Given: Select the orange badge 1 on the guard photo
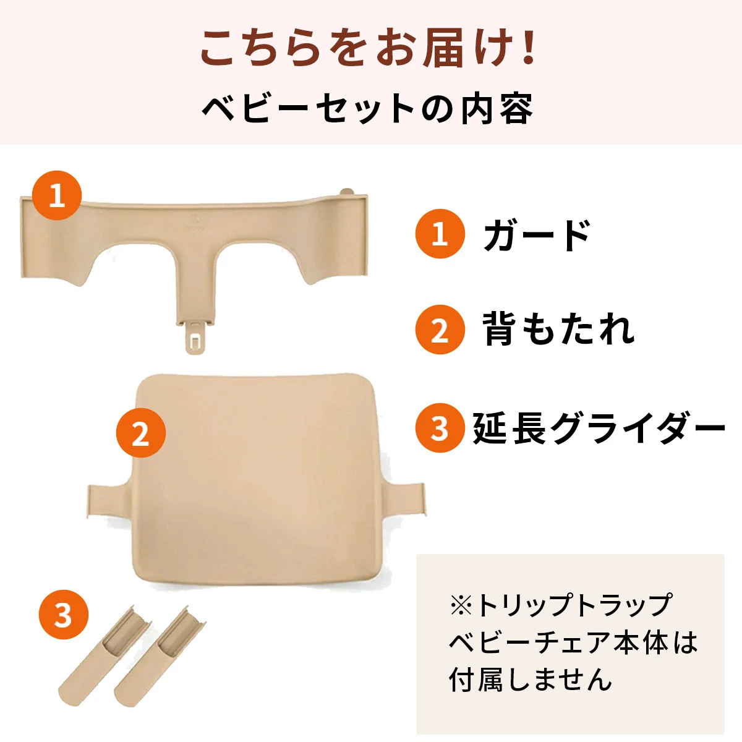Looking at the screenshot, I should pos(57,196).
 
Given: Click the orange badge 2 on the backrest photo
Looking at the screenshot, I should pos(141,433).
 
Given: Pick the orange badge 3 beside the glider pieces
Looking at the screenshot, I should pos(64,616).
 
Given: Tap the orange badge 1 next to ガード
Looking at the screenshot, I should pos(440,234).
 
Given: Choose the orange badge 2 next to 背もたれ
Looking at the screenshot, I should pos(440,330).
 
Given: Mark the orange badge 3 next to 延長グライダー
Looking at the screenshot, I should pos(440,428).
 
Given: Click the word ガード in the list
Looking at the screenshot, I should pos(537,235).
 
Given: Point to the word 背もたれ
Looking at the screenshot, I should pos(558,330).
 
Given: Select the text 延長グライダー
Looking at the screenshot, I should pos(599,428).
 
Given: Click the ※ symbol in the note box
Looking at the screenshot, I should pos(461,605).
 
